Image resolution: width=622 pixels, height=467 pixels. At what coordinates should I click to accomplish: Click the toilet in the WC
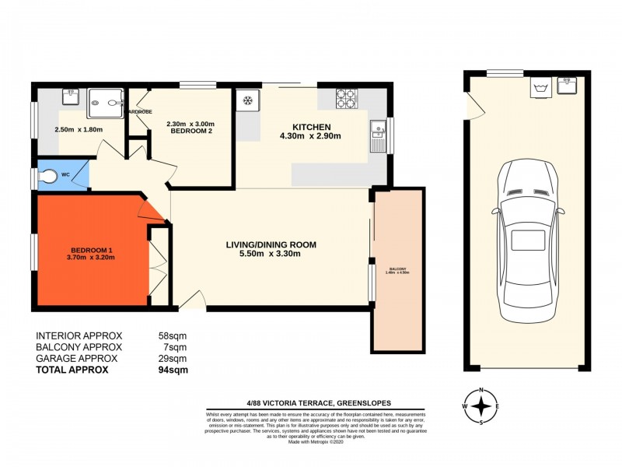click(x=50, y=177)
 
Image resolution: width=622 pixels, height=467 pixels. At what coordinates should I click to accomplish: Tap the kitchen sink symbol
click(x=379, y=135)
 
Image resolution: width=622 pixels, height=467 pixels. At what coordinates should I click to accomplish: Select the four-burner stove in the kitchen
click(x=346, y=99)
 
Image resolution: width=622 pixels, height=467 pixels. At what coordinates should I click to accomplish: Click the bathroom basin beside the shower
click(x=72, y=97)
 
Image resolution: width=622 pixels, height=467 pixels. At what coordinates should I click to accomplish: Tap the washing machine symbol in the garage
click(x=539, y=88)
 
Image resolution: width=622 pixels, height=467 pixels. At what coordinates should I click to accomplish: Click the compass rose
click(x=482, y=406)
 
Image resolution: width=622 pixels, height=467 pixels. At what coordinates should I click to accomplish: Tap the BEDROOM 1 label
click(x=90, y=250)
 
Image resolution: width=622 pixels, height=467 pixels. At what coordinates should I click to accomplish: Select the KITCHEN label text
click(x=311, y=127)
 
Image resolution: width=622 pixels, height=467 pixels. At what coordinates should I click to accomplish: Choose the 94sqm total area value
click(x=175, y=370)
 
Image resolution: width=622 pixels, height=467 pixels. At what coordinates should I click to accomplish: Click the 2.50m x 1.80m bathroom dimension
click(x=78, y=129)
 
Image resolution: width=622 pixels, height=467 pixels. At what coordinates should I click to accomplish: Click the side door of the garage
click(x=470, y=105)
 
